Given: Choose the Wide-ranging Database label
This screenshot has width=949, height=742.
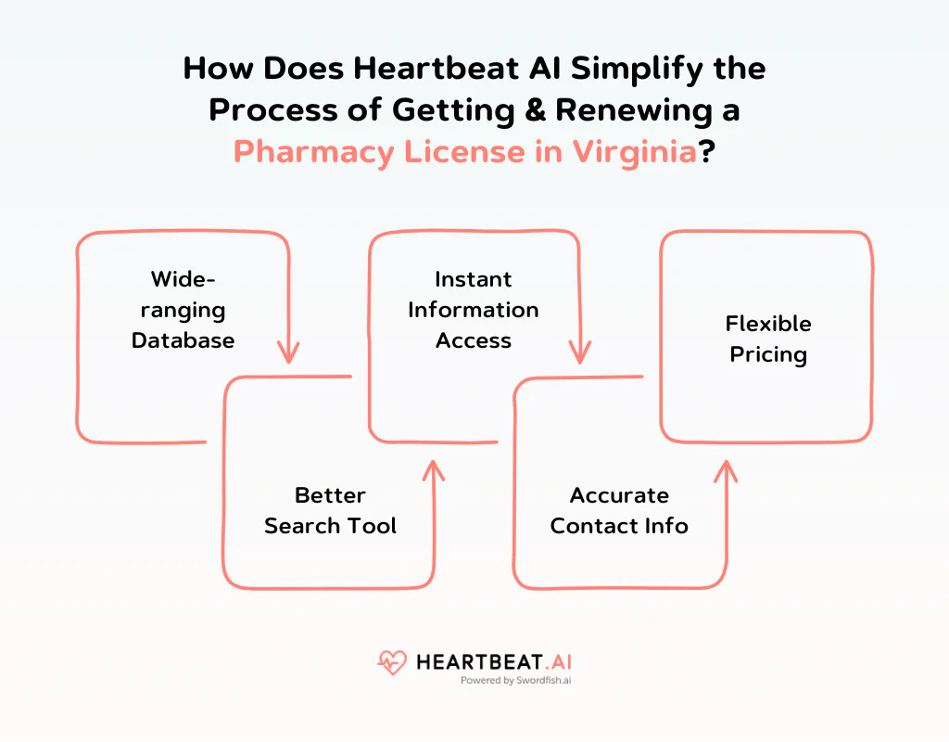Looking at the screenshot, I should coord(183,310).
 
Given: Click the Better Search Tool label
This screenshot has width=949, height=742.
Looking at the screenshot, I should coord(330,510).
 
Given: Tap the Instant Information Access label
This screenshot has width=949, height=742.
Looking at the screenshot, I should coord(474,310).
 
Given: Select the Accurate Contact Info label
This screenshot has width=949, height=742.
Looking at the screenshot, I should coord(619,510).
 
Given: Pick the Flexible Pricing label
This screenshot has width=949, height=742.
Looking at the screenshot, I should coord(768,339).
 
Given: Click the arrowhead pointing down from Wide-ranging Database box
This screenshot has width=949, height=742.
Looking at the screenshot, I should coord(289,352).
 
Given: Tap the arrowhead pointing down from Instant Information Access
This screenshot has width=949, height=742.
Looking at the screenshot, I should coord(580,352).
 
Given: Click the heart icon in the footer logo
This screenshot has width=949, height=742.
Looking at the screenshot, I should coord(392,662).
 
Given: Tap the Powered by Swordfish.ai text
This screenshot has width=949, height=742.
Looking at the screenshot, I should coord(515,680).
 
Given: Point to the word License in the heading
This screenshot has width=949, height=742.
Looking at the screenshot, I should coord(465,151).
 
